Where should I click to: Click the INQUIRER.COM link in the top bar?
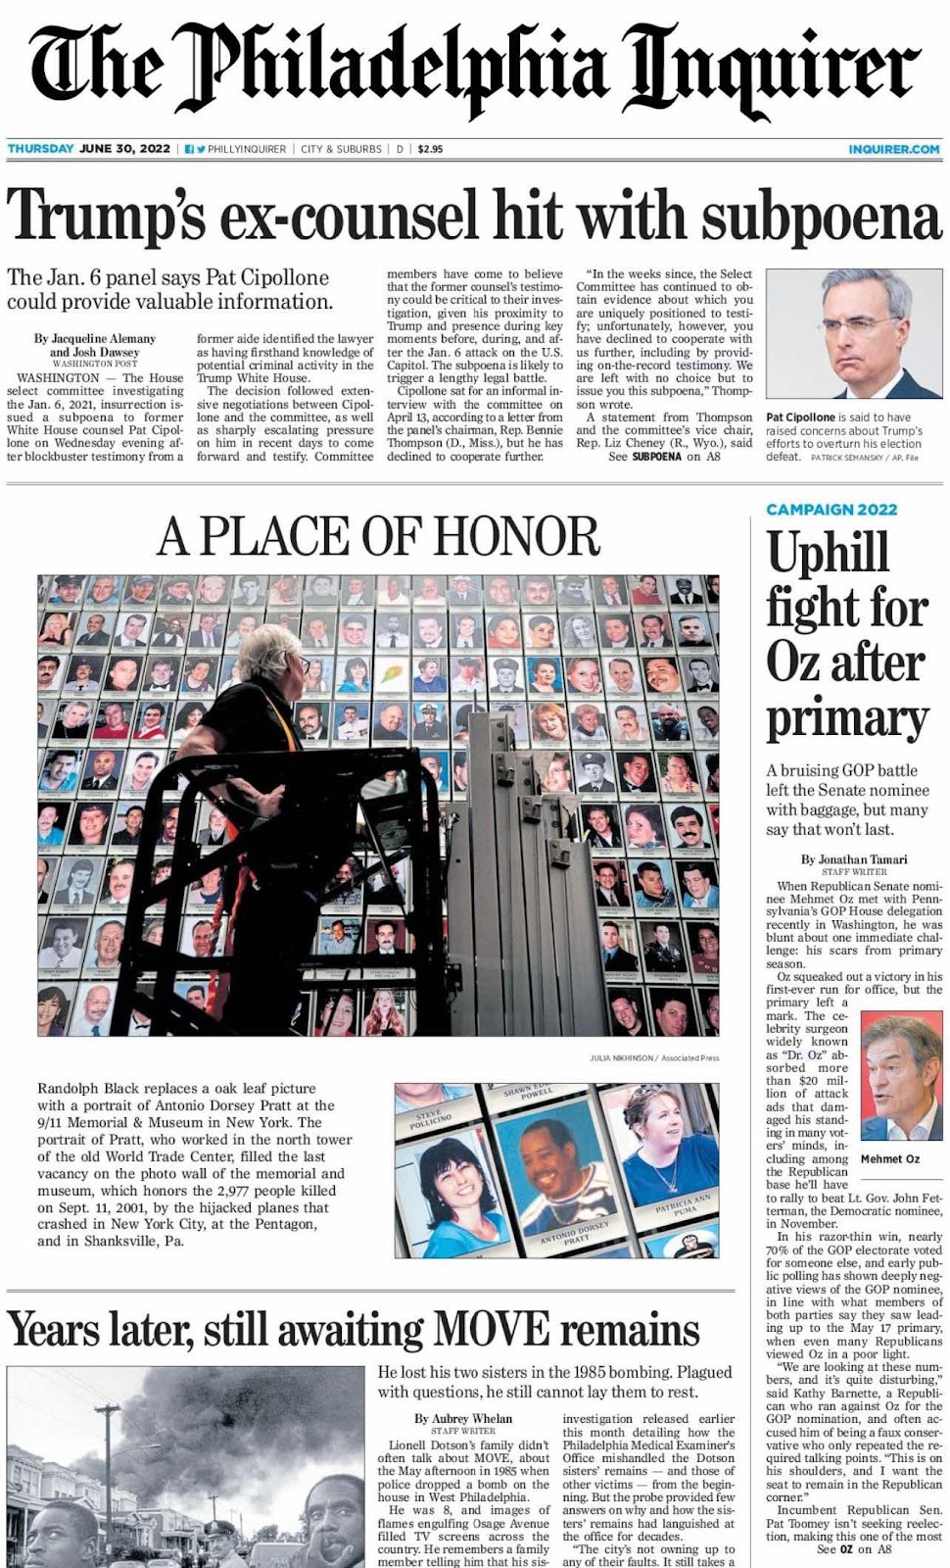point(893,149)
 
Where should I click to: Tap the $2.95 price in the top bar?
point(430,149)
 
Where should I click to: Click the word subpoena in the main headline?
point(804,216)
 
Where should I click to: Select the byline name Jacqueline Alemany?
point(95,339)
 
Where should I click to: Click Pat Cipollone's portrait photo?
point(853,334)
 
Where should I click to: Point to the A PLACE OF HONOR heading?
point(378,536)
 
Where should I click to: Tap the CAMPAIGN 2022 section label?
point(831,510)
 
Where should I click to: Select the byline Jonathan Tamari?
point(853,859)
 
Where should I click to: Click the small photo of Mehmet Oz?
point(901,1075)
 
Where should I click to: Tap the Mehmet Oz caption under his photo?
point(889,1158)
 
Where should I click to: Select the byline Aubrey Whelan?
point(463,1418)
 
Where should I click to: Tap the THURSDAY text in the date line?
point(40,149)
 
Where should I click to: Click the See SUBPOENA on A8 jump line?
point(667,457)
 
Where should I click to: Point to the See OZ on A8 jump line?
point(854,1549)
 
